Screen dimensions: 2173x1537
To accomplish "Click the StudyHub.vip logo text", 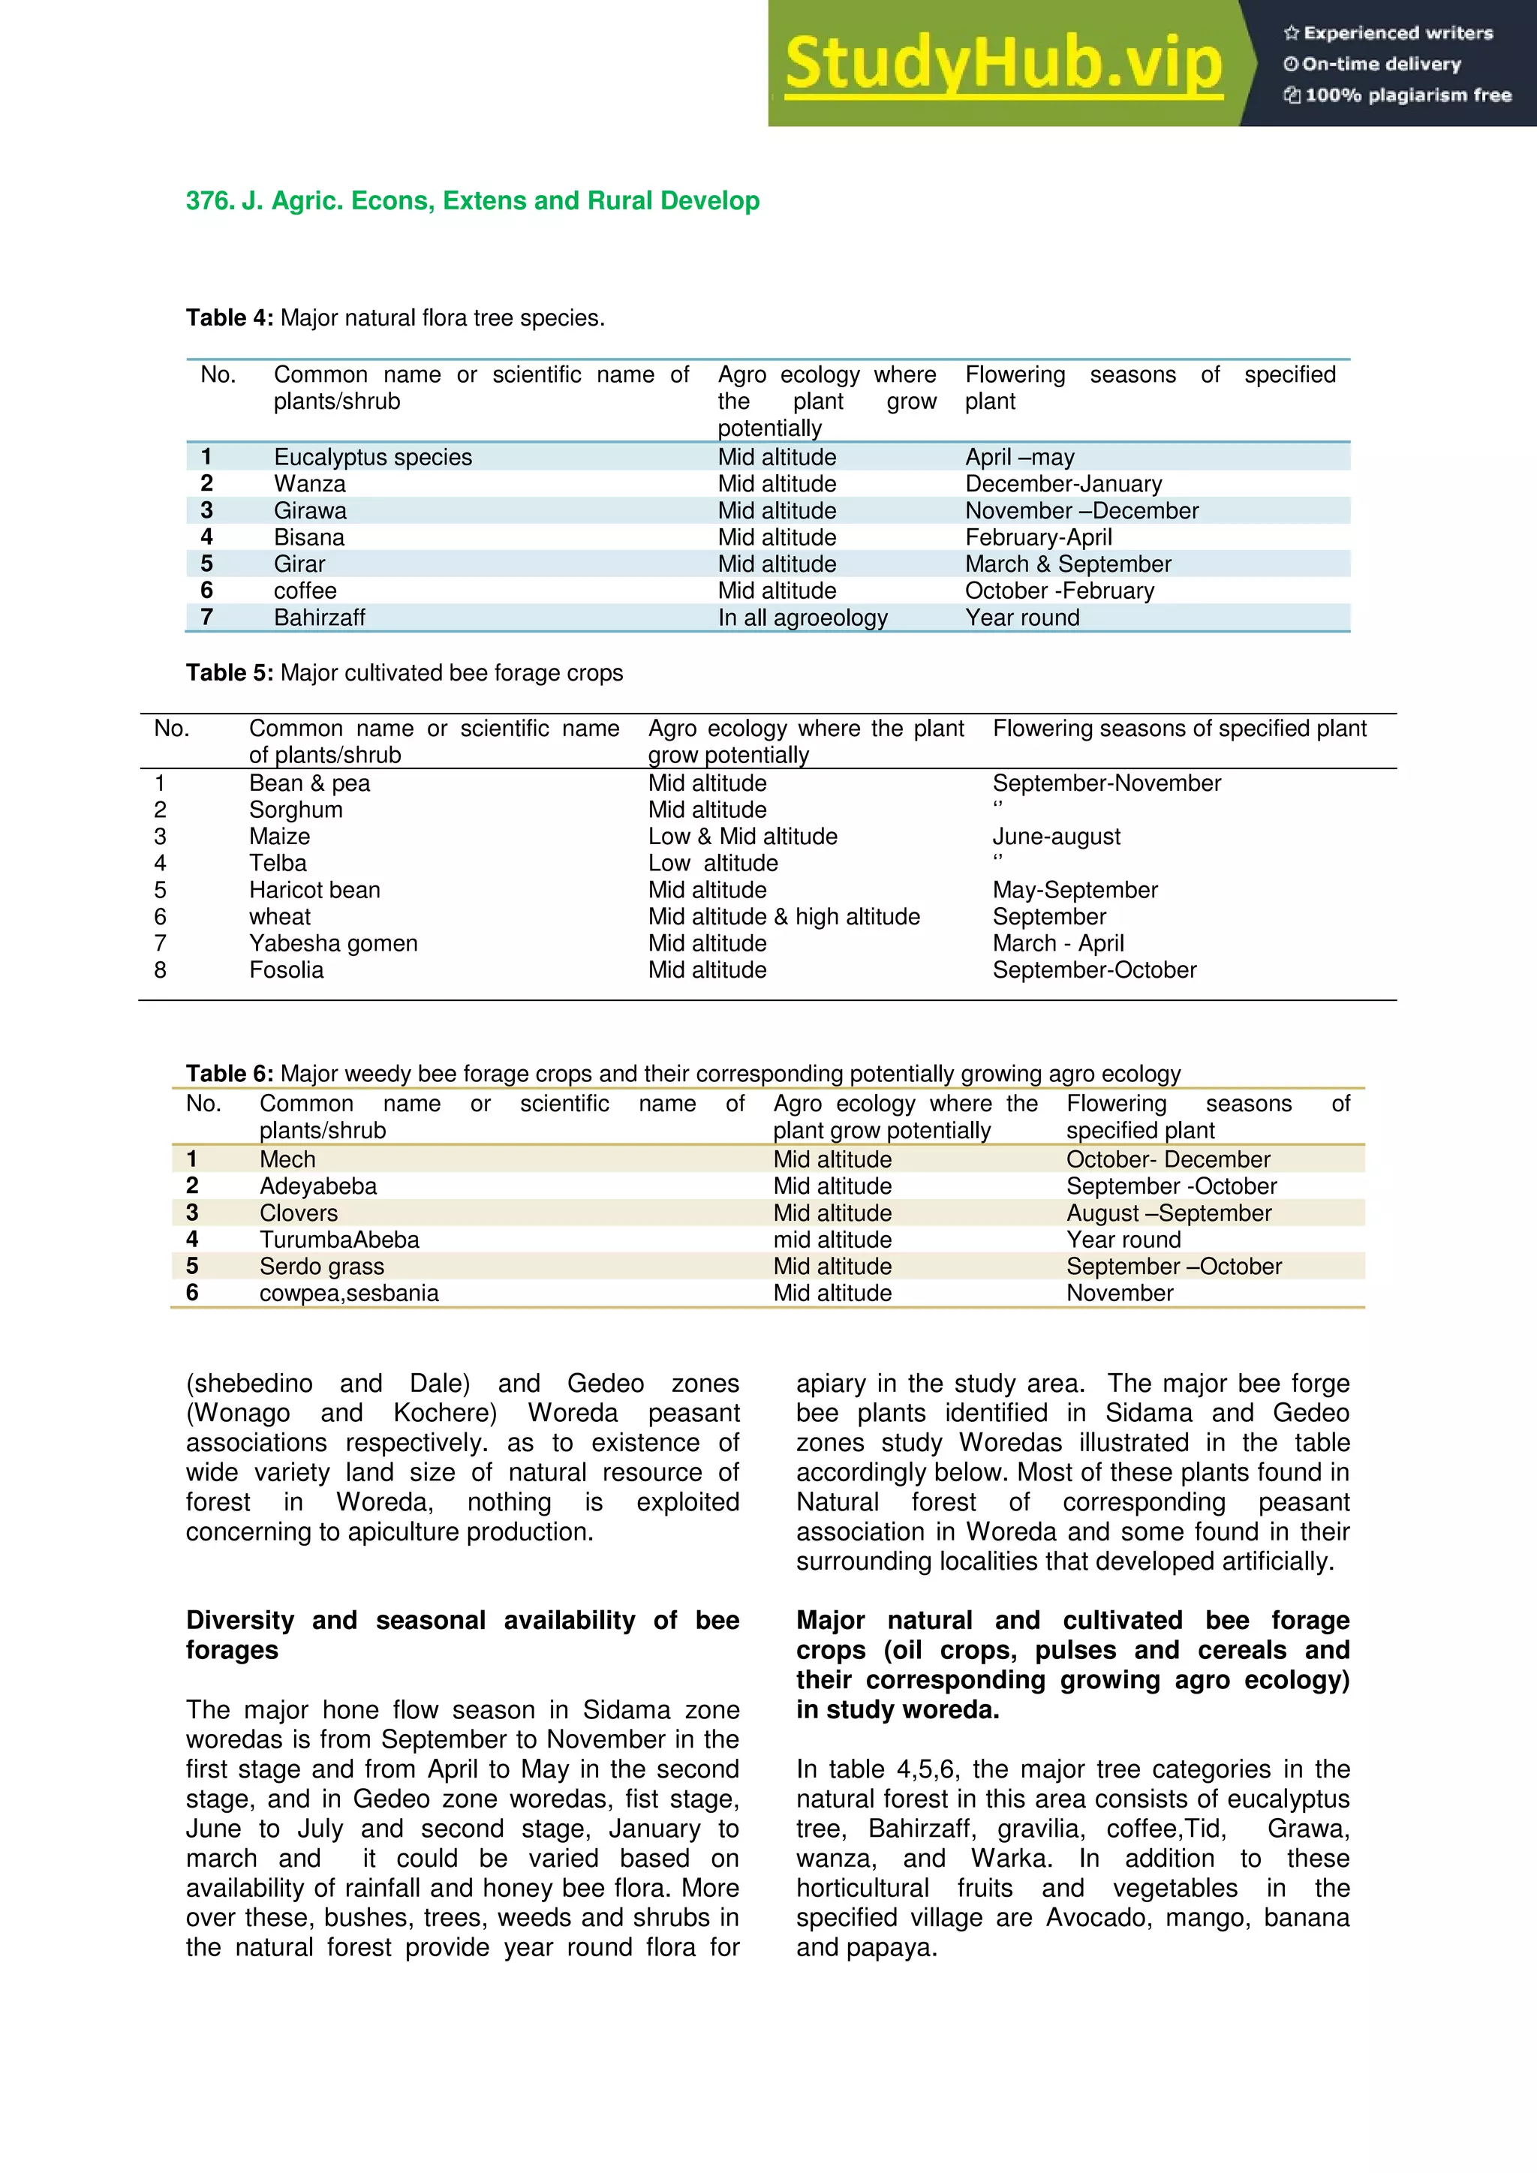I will (1003, 64).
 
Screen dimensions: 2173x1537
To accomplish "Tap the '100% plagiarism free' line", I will (1398, 95).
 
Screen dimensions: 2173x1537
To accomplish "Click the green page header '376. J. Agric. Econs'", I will (472, 200).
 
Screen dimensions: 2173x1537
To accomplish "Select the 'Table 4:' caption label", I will (229, 318).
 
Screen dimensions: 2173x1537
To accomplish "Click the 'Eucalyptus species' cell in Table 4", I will (373, 457).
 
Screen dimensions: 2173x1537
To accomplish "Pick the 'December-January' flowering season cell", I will (1063, 484).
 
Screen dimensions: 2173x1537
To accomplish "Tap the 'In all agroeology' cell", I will (802, 618).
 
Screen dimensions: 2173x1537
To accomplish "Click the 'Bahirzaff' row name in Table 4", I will (319, 618).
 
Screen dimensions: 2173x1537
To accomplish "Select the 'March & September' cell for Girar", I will (1068, 564).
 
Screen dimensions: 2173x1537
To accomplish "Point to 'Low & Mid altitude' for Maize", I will (742, 837).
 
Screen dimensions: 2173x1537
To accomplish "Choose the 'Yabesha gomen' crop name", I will (333, 944).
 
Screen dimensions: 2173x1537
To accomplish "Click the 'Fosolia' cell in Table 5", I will (286, 970).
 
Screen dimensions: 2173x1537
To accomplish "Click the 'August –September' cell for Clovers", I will (1168, 1213).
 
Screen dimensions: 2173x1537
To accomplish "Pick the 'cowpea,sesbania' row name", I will (348, 1293).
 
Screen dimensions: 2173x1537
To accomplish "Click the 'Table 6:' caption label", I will (229, 1074).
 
